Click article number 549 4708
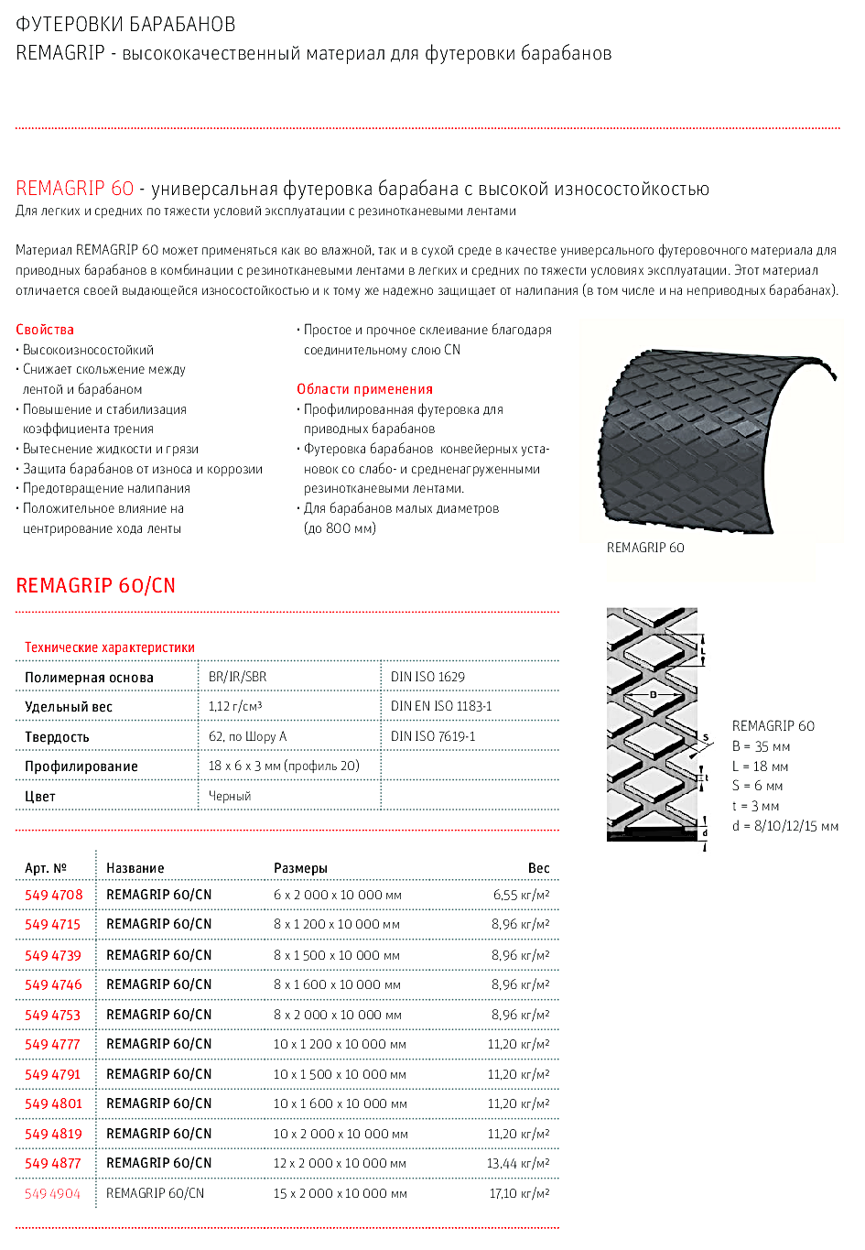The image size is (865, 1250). pyautogui.click(x=53, y=895)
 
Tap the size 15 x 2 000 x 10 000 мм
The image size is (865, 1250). pyautogui.click(x=340, y=1193)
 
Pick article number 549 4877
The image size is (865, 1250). pyautogui.click(x=53, y=1163)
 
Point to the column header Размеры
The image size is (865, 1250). pyautogui.click(x=300, y=868)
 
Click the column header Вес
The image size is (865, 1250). pyautogui.click(x=538, y=868)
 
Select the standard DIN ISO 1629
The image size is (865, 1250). pyautogui.click(x=427, y=677)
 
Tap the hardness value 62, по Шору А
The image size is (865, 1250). pyautogui.click(x=247, y=736)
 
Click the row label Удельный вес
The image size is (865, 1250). pyautogui.click(x=69, y=707)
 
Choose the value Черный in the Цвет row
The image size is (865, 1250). pyautogui.click(x=230, y=796)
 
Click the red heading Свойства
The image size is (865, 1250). pyautogui.click(x=45, y=330)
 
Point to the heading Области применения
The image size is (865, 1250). pyautogui.click(x=364, y=389)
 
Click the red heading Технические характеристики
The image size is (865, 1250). pyautogui.click(x=110, y=647)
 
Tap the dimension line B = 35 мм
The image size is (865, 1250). pyautogui.click(x=761, y=746)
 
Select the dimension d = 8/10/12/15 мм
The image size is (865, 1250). pyautogui.click(x=785, y=826)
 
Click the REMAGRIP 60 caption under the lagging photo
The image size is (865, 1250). pyautogui.click(x=645, y=548)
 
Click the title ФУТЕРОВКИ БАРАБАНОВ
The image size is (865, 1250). pyautogui.click(x=125, y=25)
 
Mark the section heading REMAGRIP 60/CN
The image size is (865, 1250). pyautogui.click(x=95, y=586)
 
